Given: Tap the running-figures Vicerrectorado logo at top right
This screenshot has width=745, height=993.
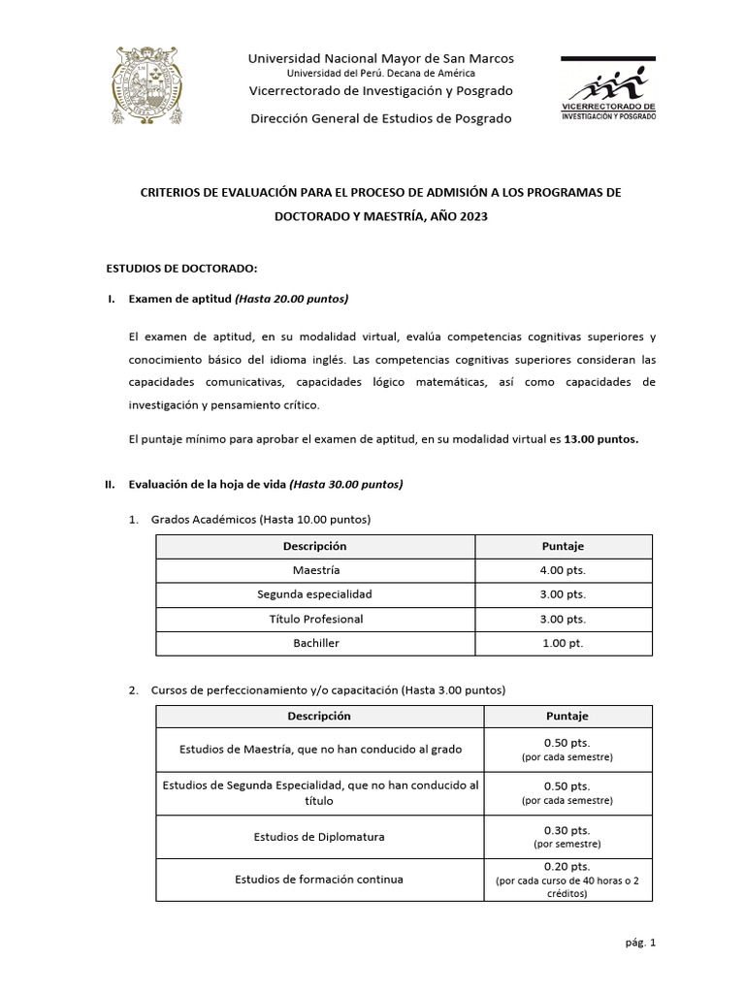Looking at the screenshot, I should (608, 88).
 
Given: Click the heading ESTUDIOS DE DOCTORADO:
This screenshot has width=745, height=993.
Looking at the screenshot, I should (181, 268).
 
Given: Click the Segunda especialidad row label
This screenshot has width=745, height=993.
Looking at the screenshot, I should (314, 594).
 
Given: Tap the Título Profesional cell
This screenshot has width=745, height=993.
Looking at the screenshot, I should (314, 619).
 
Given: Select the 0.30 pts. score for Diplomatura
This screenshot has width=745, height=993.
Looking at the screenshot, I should (567, 830).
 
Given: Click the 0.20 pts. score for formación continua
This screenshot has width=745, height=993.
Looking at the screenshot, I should (567, 866).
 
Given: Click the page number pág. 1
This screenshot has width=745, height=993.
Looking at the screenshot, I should (640, 942).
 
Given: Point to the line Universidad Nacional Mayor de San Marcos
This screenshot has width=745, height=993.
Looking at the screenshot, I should (381, 58).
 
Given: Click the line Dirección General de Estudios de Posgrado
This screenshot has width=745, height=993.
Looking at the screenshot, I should (381, 118).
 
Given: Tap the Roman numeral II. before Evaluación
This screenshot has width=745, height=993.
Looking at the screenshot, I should (111, 484).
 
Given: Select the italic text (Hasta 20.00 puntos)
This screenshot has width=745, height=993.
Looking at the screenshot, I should (292, 299).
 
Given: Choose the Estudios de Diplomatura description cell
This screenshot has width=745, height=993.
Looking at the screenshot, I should (319, 837).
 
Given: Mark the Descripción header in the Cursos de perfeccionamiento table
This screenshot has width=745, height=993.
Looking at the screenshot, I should (319, 716).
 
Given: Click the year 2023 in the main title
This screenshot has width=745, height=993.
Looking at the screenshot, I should (469, 218).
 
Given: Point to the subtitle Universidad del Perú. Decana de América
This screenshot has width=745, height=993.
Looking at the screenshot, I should (381, 73).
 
